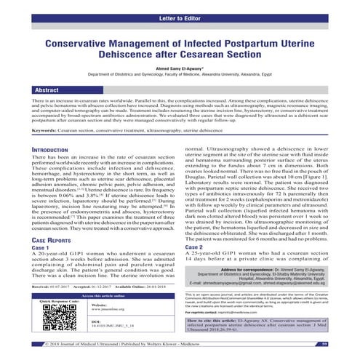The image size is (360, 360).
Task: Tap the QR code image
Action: click(55, 316)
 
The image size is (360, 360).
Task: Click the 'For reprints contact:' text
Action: click(206, 308)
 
